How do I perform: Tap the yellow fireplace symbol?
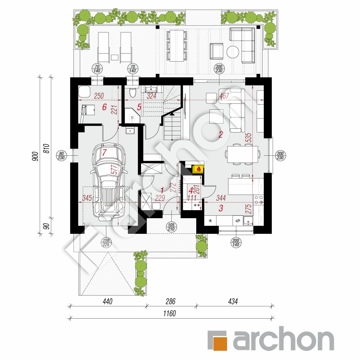pyautogui.click(x=197, y=169)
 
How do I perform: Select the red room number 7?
pyautogui.click(x=105, y=152)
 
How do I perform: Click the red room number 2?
pyautogui.click(x=220, y=135)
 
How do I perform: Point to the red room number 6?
pyautogui.click(x=104, y=107)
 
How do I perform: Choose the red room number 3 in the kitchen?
pyautogui.click(x=220, y=208)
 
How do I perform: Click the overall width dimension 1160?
pyautogui.click(x=169, y=314)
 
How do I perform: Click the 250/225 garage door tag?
pyautogui.click(x=105, y=242)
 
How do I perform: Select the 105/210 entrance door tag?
pyautogui.click(x=171, y=227)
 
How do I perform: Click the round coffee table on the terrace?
pyautogui.click(x=233, y=51)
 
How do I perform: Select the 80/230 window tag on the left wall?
pyautogui.click(x=61, y=155)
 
